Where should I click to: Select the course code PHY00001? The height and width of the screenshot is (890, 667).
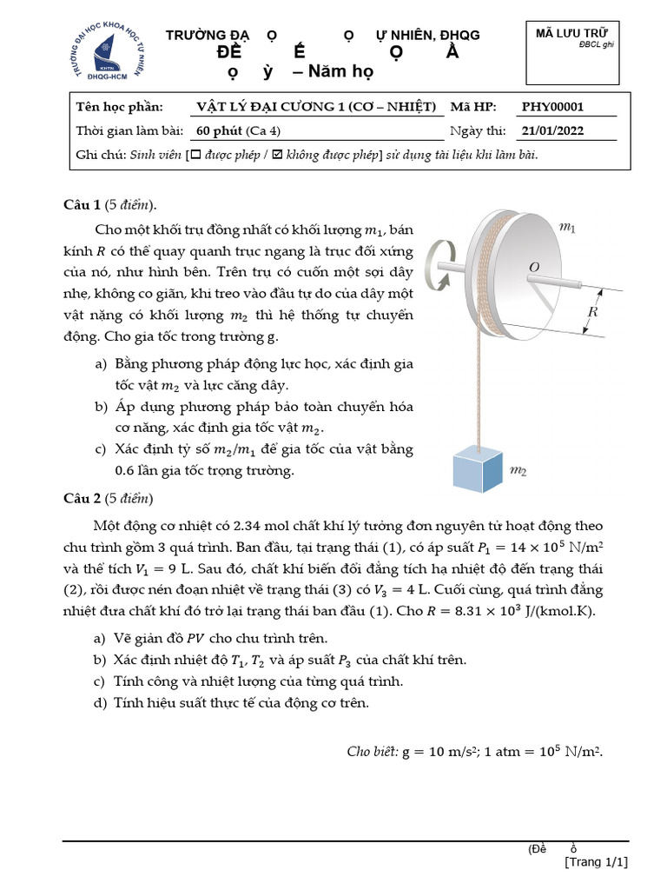click(552, 107)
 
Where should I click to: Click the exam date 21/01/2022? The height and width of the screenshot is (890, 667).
click(552, 131)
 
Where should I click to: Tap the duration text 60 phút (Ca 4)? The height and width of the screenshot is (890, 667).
click(239, 131)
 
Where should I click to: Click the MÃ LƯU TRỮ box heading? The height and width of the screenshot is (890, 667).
click(571, 33)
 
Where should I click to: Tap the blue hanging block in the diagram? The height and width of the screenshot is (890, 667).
click(477, 470)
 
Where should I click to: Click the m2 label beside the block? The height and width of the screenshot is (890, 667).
click(518, 471)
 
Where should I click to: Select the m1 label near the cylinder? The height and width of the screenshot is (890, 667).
click(566, 228)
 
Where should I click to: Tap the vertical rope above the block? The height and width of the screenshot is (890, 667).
click(477, 382)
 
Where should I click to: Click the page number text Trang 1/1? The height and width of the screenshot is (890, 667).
click(596, 862)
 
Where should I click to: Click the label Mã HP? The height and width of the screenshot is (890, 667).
click(472, 107)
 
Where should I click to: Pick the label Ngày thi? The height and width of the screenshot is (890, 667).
click(478, 131)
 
